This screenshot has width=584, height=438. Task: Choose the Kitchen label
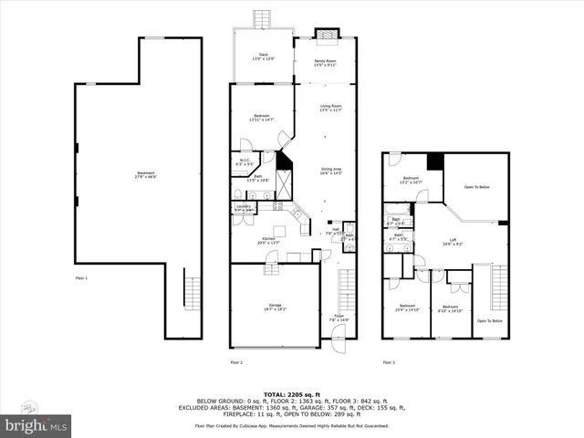click(x=268, y=239)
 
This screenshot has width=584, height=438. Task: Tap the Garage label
click(x=275, y=307)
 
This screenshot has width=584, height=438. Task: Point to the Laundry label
click(x=244, y=208)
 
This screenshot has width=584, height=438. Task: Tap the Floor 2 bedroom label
click(x=262, y=118)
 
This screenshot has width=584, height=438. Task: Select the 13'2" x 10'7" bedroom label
click(x=412, y=180)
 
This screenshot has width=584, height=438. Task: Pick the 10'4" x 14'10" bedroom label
click(x=406, y=308)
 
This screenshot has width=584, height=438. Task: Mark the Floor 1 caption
click(x=82, y=276)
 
